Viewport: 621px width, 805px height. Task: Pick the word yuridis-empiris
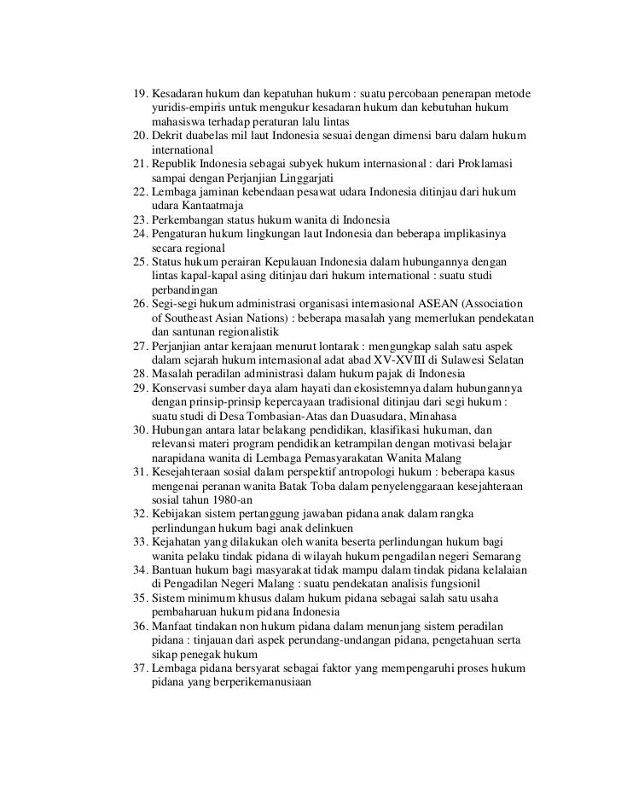(x=194, y=108)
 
